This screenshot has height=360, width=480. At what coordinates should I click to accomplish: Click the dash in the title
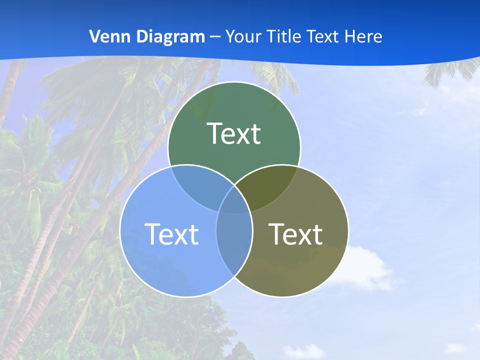pyautogui.click(x=215, y=37)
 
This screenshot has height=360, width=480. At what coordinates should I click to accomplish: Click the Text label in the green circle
pyautogui.click(x=234, y=133)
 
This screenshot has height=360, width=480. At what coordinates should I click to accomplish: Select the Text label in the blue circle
pyautogui.click(x=171, y=234)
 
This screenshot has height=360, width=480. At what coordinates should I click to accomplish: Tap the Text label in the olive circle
pyautogui.click(x=295, y=234)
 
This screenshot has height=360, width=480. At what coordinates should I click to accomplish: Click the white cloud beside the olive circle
pyautogui.click(x=367, y=267)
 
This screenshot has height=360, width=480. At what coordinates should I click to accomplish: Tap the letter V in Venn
pyautogui.click(x=93, y=36)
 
